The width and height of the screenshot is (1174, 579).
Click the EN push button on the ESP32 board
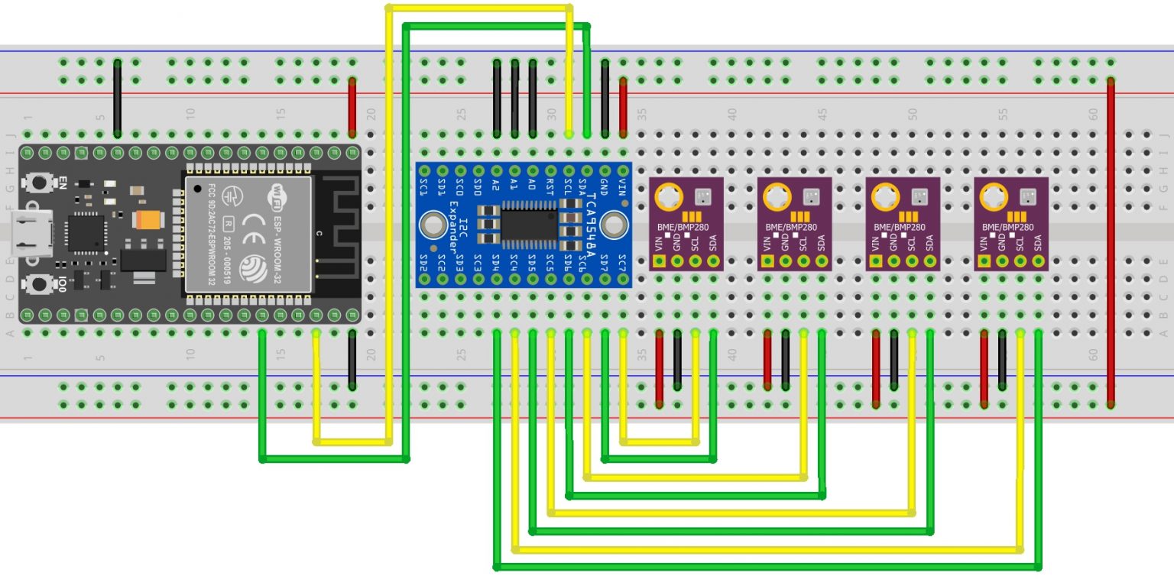pyautogui.click(x=36, y=183)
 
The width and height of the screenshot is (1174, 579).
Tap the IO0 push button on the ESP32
pyautogui.click(x=36, y=284)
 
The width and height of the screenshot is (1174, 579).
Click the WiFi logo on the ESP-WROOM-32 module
pyautogui.click(x=274, y=196)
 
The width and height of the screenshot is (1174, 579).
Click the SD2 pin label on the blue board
pyautogui.click(x=423, y=264)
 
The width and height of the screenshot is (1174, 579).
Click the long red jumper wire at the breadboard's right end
pyautogui.click(x=1111, y=241)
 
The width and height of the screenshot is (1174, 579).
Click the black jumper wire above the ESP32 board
pyautogui.click(x=117, y=99)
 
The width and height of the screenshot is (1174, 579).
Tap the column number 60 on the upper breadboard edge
pyautogui.click(x=1093, y=114)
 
